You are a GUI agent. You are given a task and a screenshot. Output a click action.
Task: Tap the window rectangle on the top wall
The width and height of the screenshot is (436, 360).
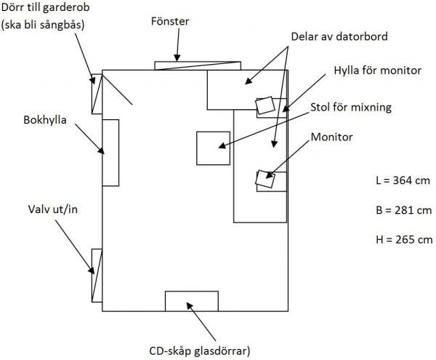point(198,65)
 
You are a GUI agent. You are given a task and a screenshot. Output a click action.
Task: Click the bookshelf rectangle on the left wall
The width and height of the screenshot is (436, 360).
point(110,153)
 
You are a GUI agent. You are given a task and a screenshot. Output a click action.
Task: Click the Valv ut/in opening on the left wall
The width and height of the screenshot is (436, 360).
point(96,275)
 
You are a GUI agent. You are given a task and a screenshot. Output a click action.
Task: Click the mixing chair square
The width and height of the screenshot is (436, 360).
point(213,148)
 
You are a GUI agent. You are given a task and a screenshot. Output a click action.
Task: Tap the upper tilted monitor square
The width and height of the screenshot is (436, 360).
point(265,106)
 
